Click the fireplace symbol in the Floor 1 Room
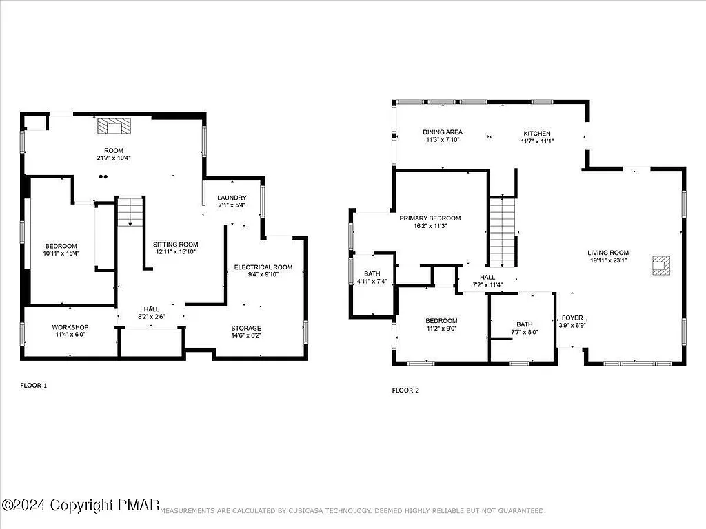pos(113,126)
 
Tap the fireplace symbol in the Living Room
pos(661,265)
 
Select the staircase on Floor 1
pos(130,212)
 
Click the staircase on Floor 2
pos(503,231)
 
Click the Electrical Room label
pos(263,267)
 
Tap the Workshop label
pos(70,327)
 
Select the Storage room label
pos(245,328)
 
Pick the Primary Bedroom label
pos(430,218)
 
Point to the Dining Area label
pos(443,132)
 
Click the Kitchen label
pos(537,133)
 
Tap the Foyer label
pos(572,318)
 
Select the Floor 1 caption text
pos(33,386)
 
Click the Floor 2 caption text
pos(405,391)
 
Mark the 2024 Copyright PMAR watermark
pos(81,506)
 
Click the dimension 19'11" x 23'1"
pos(608,260)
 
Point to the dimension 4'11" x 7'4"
pos(372,281)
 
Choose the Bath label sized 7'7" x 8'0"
pos(524,325)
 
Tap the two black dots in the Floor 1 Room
pos(103,176)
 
